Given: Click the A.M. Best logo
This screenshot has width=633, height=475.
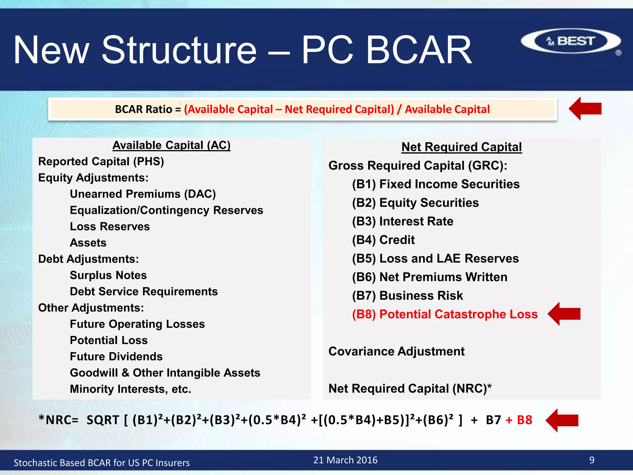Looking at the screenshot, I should click(x=571, y=41).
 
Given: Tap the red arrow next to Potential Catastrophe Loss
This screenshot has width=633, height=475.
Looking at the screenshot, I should click(x=564, y=314).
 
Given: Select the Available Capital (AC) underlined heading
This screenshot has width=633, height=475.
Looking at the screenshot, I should click(x=172, y=145).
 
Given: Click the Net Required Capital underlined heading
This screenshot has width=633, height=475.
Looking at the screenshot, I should click(x=461, y=147).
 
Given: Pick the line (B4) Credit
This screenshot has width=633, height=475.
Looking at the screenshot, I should click(x=383, y=240).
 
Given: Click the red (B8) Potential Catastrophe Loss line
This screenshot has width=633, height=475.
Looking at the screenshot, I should click(x=445, y=314).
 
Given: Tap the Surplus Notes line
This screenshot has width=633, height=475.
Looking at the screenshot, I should click(x=108, y=275).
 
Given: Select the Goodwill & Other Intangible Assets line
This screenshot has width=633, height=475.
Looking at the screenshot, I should click(x=165, y=373).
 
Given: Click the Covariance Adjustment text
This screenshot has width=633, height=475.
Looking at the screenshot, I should click(x=396, y=351).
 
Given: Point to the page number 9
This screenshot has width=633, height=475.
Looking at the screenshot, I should click(x=592, y=460).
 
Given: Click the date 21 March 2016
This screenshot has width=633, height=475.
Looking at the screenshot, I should click(x=345, y=460).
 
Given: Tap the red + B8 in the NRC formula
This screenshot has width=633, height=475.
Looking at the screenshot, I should click(x=519, y=420).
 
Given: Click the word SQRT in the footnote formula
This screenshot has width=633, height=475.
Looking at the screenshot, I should click(x=103, y=420).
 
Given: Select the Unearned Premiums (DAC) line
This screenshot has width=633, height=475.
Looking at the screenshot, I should click(x=143, y=194).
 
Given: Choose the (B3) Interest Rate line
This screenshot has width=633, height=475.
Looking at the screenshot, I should click(x=402, y=221).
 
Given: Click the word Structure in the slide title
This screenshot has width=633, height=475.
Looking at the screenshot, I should click(x=179, y=50).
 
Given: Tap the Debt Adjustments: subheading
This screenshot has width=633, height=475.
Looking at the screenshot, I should click(x=88, y=259).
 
